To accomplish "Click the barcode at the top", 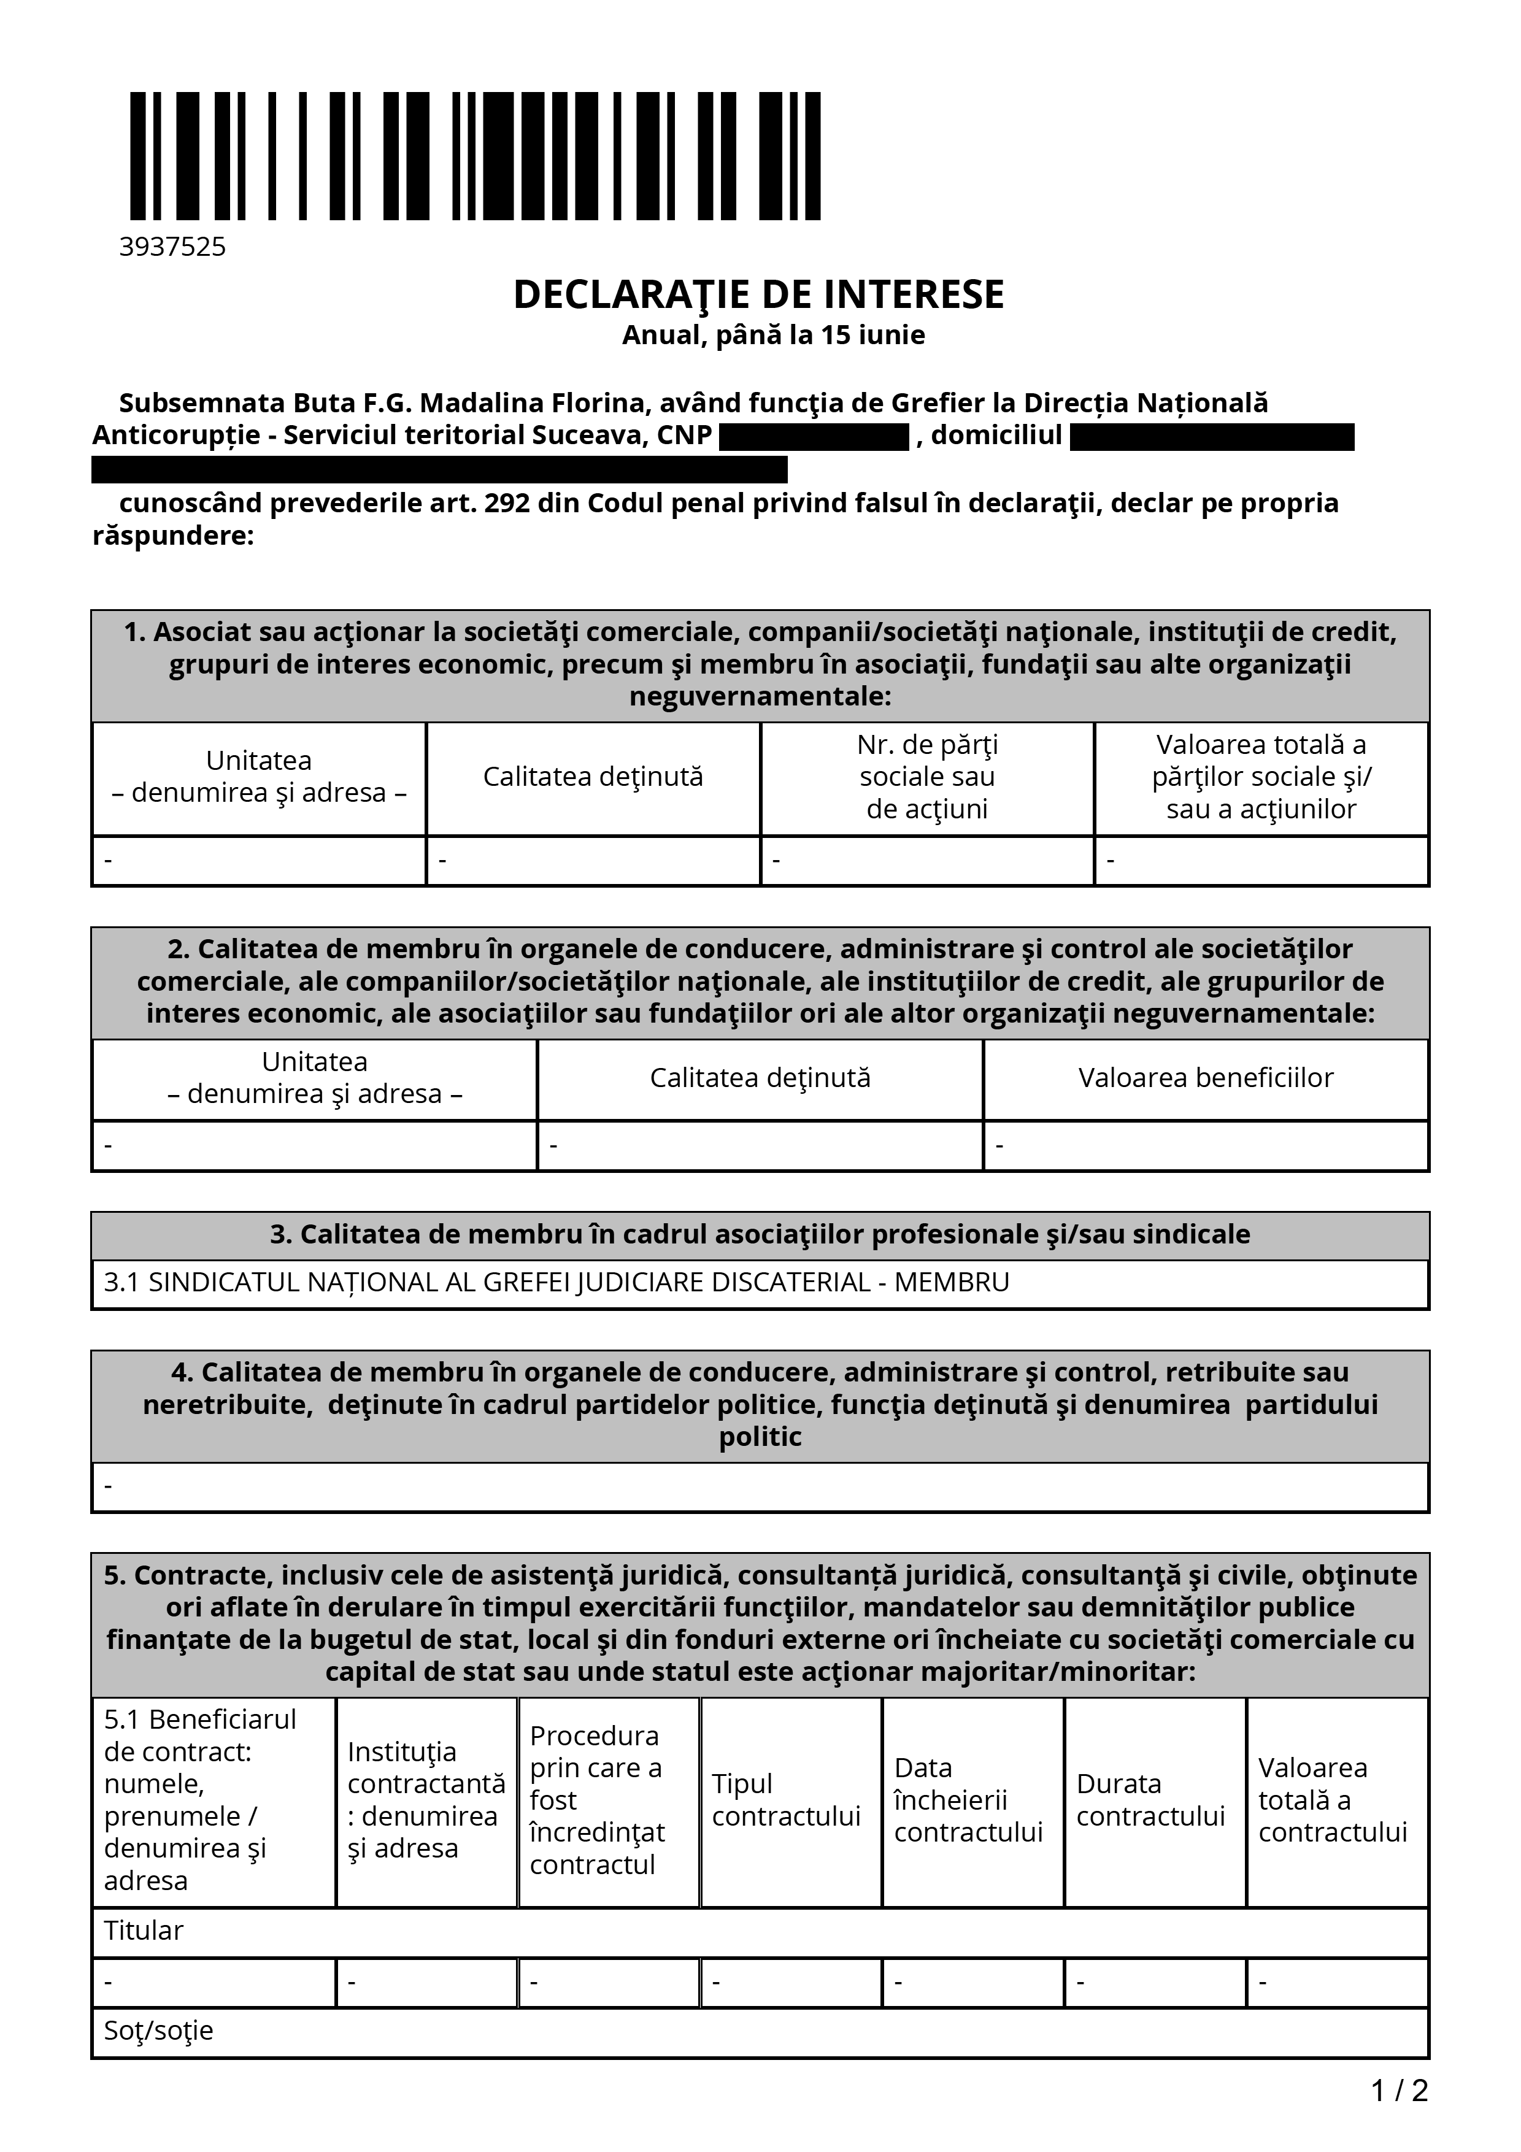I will pos(475,156).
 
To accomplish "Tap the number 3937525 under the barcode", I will pos(172,247).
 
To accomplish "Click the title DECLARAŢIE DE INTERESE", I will pos(758,294).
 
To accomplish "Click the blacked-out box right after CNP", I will pos(814,437).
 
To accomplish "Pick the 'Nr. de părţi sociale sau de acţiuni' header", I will pos(927,777).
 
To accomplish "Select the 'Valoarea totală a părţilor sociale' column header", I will pos(1260,777).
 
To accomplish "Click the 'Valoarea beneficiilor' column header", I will pos(1205,1078).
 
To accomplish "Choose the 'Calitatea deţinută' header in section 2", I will pos(760,1078).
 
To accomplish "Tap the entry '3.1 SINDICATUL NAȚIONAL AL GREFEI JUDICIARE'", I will pos(487,1282).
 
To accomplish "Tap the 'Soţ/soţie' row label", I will pos(158,2030).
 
